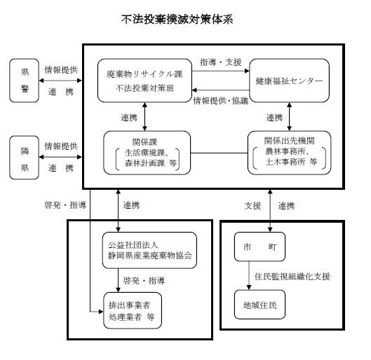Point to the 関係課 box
147,151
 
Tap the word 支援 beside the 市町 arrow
252,205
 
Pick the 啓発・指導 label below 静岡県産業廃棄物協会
143,281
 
